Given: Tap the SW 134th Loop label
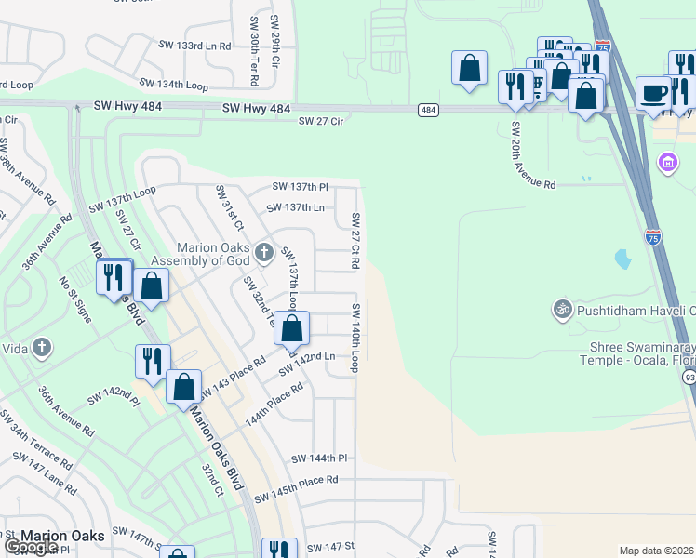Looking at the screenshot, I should tap(173, 85).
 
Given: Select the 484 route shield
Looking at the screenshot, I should tap(428, 110).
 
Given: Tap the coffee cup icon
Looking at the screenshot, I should tap(654, 93).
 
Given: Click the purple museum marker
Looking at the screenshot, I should tap(666, 164).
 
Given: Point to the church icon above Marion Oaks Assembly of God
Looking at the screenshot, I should tap(264, 250).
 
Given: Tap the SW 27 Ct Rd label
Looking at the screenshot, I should tap(355, 241).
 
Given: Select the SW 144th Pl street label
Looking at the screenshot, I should tap(318, 458).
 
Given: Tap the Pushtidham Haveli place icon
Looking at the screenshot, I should tap(561, 308).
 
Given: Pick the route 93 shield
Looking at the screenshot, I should tap(689, 378).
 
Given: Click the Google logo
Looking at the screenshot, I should tap(30, 547).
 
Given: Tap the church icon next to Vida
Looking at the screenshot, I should tap(40, 348).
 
